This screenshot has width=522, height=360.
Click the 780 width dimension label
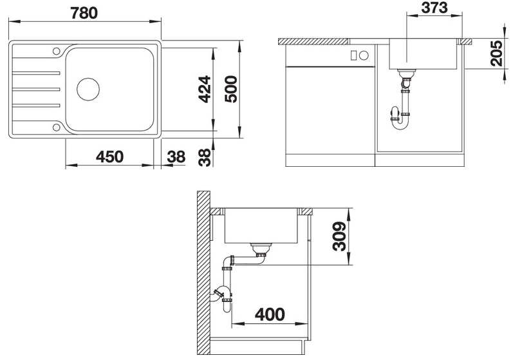84,14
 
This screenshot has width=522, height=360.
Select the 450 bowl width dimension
109,156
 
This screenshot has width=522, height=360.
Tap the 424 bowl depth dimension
205,90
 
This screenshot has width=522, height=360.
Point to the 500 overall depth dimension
231,90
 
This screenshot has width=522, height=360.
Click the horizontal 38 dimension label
176,156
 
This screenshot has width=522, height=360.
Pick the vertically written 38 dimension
205,158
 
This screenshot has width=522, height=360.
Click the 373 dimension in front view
434,8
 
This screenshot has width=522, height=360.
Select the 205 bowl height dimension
496,53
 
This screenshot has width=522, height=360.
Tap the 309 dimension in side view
340,236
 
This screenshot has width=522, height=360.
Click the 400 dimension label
270,314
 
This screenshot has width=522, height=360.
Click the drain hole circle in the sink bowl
88,90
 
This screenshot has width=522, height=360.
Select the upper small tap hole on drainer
57,52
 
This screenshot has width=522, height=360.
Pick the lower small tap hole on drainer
57,128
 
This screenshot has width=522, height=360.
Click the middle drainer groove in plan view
36,90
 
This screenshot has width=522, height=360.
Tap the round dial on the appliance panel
364,55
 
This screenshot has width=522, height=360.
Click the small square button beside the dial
354,55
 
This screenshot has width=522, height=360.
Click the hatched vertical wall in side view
203,273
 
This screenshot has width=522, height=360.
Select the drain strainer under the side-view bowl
261,247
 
